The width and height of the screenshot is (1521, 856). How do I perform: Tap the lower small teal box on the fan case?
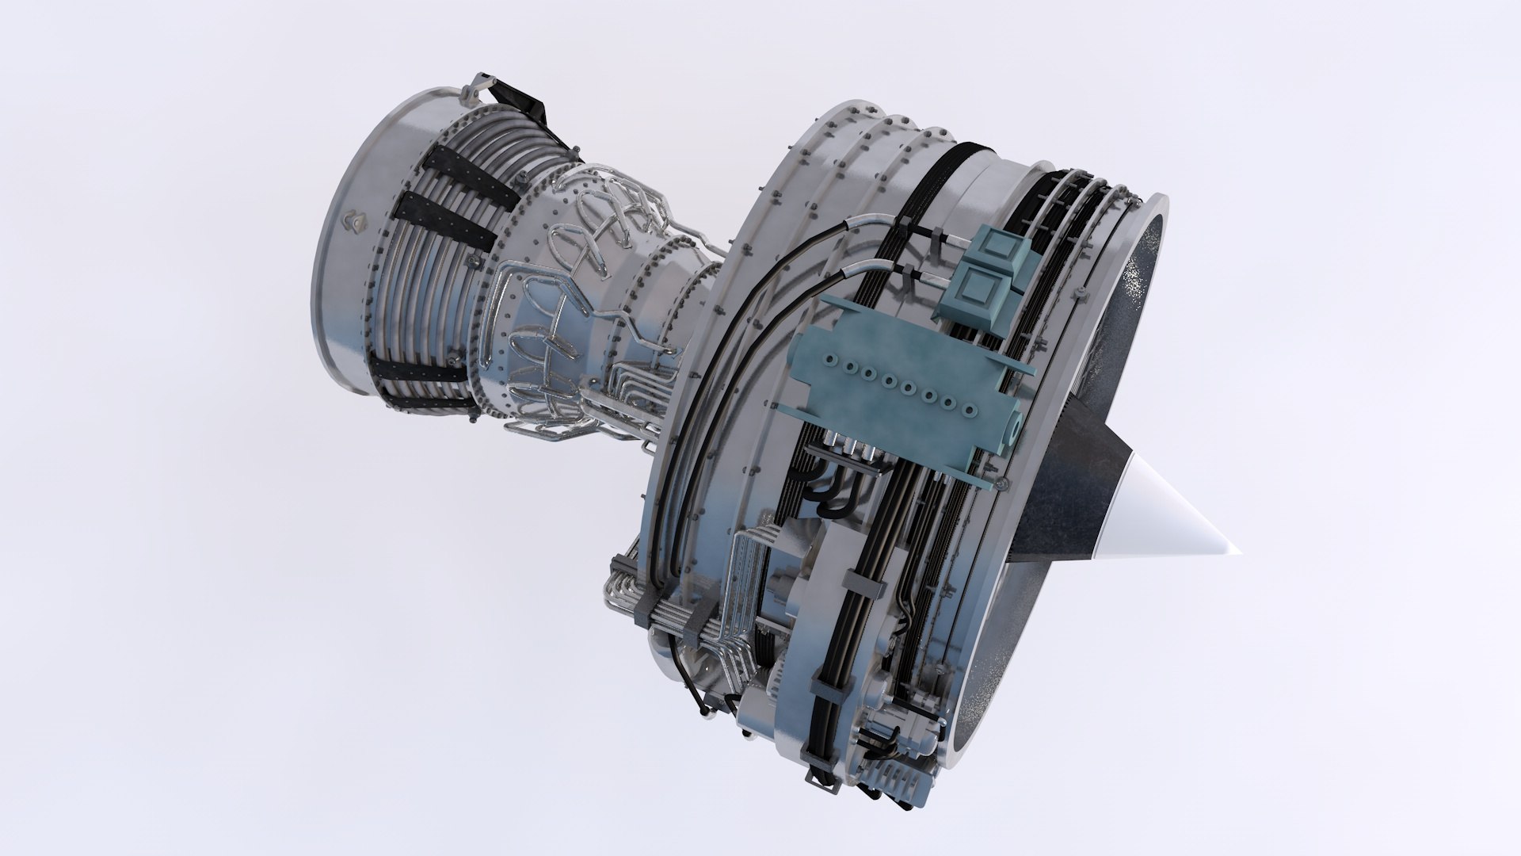coord(981,292)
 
